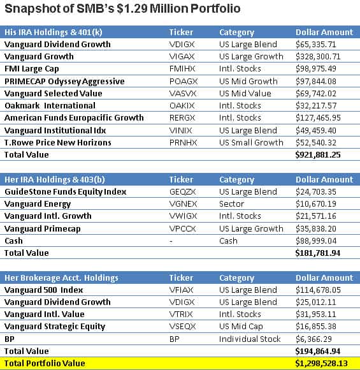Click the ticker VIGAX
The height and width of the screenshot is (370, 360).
point(182,57)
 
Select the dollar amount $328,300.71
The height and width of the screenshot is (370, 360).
point(318,57)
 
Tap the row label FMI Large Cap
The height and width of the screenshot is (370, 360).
point(32,69)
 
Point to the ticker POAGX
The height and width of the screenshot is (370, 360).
point(184,82)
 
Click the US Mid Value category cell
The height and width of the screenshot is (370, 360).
point(245,93)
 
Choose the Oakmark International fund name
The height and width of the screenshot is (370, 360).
point(50,105)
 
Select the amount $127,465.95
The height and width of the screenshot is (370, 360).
point(318,118)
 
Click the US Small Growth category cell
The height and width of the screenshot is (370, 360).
point(251,142)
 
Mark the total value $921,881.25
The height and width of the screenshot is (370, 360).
point(318,155)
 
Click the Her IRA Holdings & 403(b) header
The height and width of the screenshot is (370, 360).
point(55,179)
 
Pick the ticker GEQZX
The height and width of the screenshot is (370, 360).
point(182,192)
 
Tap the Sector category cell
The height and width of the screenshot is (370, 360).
point(231,204)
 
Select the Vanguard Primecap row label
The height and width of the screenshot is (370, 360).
point(43,228)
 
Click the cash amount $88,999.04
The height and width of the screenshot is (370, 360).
point(316,241)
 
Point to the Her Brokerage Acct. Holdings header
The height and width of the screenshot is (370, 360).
point(61,277)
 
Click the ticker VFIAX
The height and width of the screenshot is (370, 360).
point(182,290)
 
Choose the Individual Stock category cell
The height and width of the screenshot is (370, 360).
point(250,339)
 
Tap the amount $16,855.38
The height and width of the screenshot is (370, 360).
point(316,327)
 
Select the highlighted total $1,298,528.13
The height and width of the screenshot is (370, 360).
point(321,364)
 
